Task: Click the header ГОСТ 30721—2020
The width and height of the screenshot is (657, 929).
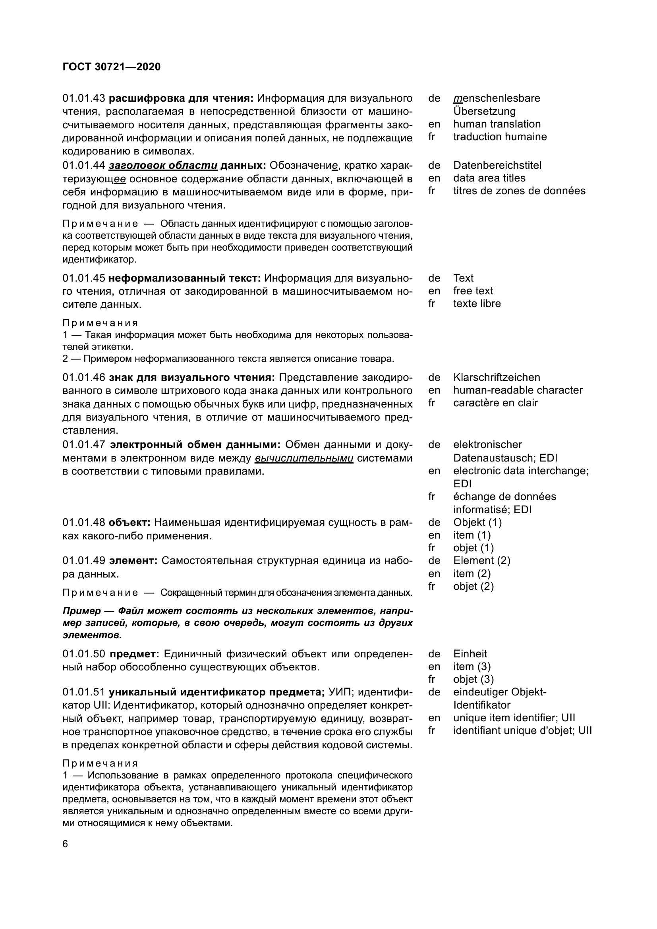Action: click(x=111, y=67)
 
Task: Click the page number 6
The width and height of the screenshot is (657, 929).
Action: click(x=66, y=844)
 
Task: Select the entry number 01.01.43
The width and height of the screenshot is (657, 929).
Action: click(x=84, y=99)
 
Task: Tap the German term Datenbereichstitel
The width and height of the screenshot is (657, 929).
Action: click(x=497, y=165)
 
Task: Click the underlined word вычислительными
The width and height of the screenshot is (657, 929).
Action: click(x=304, y=458)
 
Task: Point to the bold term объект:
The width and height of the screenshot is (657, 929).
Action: click(x=129, y=522)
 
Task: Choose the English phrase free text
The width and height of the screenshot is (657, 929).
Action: click(x=473, y=290)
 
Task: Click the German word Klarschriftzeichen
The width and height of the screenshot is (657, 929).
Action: click(x=497, y=377)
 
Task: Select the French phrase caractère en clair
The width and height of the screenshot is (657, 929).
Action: click(x=495, y=403)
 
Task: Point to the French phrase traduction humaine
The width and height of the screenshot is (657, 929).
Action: click(x=500, y=137)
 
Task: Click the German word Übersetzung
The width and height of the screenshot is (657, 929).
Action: click(x=484, y=111)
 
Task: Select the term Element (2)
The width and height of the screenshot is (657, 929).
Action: click(x=481, y=560)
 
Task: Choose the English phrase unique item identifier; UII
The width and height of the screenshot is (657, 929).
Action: click(x=514, y=718)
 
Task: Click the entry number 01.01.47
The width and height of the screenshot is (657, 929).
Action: click(x=84, y=445)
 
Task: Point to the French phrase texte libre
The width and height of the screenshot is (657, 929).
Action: click(x=477, y=303)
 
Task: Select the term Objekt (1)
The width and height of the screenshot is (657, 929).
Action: click(x=477, y=522)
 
